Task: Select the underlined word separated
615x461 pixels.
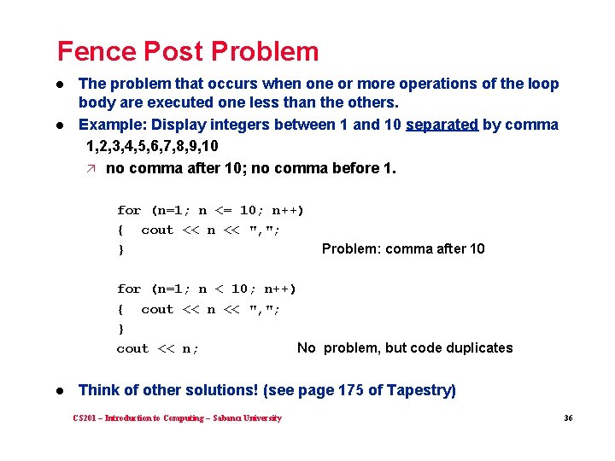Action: coord(442,125)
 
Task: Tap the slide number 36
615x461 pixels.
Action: coord(567,418)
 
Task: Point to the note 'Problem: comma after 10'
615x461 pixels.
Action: coord(402,249)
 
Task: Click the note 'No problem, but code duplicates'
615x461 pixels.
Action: coord(405,348)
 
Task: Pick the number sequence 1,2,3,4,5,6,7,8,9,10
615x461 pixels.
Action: coord(152,146)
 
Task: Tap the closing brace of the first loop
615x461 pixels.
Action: coord(120,250)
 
